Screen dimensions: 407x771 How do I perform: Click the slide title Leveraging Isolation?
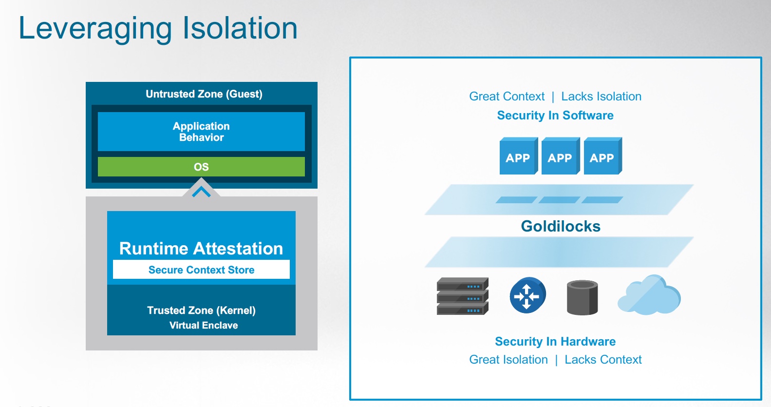[158, 28]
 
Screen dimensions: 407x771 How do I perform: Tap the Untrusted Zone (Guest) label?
[204, 94]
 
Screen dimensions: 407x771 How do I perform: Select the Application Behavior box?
[201, 132]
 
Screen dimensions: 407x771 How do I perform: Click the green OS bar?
[201, 167]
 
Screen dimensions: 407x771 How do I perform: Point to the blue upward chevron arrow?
[201, 192]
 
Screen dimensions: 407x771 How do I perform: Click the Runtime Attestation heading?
[201, 249]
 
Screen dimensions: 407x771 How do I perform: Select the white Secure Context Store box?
[201, 270]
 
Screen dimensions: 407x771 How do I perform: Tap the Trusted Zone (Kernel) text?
[201, 310]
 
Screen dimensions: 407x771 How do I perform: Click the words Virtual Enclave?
[204, 325]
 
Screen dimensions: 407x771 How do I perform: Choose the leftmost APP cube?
[518, 157]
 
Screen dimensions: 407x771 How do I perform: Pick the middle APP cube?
[560, 157]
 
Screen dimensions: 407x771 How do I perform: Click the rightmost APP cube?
[602, 157]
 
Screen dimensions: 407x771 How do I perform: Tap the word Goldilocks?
[561, 226]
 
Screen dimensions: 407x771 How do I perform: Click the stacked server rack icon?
[462, 296]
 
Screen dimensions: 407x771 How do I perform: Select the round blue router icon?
[527, 295]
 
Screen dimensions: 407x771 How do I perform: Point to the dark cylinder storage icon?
[583, 297]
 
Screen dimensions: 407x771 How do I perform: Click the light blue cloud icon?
[649, 295]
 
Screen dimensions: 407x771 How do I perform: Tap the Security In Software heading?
[555, 116]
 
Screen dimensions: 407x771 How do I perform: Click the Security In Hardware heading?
[555, 341]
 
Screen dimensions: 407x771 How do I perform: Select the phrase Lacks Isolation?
[601, 97]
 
